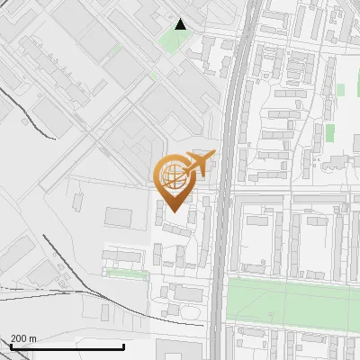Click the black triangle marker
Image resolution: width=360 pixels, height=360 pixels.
(x=181, y=24)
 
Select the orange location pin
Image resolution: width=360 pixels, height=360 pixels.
(x=175, y=180)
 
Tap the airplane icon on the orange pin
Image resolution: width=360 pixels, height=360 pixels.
(x=199, y=163)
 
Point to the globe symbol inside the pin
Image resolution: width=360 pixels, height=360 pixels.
(x=175, y=175)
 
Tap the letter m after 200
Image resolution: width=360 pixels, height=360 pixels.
(x=33, y=337)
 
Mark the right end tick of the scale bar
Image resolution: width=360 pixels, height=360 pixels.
(x=123, y=346)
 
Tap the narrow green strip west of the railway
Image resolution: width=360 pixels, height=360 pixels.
(x=126, y=272)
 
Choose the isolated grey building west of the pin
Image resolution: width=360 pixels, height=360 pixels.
(x=118, y=217)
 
